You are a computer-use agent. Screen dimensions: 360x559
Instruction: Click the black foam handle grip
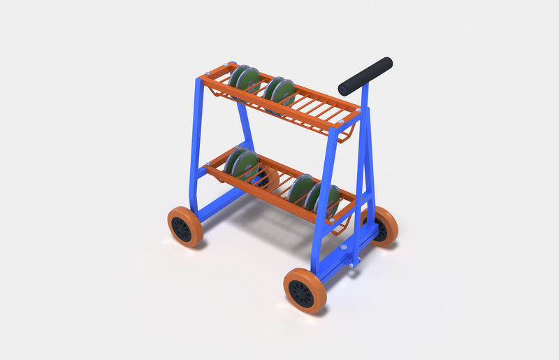coord(365,76)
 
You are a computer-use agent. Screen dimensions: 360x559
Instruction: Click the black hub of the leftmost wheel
coord(182,229)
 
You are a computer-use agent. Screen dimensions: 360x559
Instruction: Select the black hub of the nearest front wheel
coord(302,294)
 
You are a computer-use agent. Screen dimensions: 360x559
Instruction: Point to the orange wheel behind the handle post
coord(384,225)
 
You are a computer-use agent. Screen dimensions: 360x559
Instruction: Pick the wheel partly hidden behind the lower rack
coord(268,179)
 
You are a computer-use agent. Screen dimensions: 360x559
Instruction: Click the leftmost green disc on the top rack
coord(238,79)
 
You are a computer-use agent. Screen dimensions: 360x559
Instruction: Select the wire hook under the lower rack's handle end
coord(342,227)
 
